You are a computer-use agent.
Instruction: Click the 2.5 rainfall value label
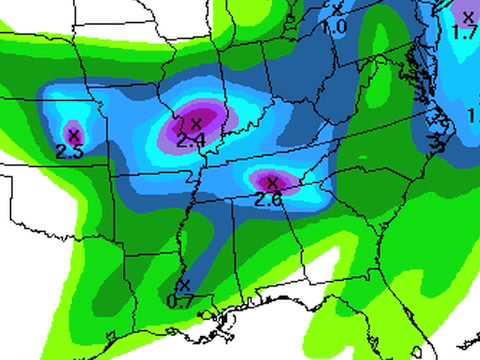[x=69, y=152]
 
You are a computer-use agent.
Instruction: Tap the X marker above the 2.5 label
[x=72, y=134]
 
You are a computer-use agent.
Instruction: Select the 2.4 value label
[x=190, y=141]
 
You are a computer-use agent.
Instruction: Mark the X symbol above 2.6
[x=271, y=182]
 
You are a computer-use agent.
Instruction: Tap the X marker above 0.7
[x=182, y=285]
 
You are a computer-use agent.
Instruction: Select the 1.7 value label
[x=464, y=33]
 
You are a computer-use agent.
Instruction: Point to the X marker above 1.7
[x=467, y=16]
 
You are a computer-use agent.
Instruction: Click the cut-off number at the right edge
[x=474, y=116]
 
